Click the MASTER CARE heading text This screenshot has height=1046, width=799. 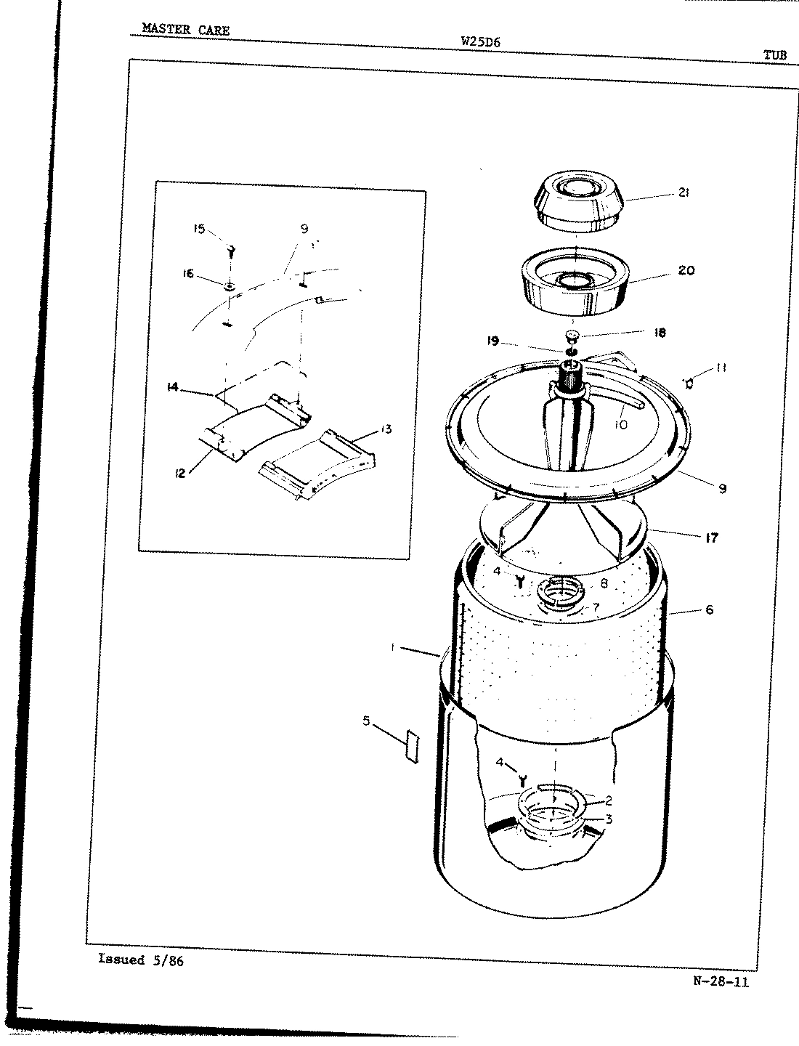185,30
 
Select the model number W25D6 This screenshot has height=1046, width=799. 480,42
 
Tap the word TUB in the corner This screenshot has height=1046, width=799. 774,54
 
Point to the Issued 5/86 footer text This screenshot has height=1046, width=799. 141,960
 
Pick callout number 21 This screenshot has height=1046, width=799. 684,192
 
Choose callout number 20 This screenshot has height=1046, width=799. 685,271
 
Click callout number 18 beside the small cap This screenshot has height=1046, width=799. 659,333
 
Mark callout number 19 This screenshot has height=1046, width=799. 493,340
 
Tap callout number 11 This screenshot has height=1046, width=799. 721,368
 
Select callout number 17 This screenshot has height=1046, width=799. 710,538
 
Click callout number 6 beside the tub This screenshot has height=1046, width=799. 709,609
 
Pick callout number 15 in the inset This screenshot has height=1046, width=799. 199,229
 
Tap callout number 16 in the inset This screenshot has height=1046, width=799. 188,274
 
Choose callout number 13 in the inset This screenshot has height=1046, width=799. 385,429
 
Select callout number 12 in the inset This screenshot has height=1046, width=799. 181,474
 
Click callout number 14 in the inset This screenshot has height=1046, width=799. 173,388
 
